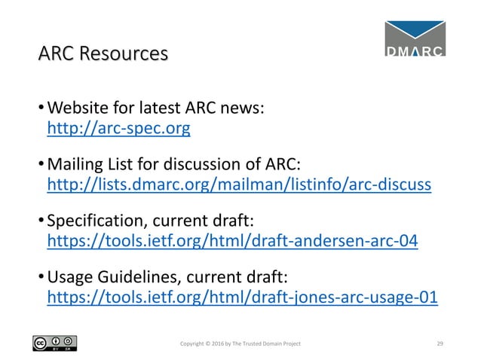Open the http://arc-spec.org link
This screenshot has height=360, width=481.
(118, 129)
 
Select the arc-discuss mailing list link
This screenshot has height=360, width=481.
(239, 185)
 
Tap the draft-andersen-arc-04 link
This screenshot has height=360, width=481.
(232, 241)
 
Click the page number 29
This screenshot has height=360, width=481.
(441, 343)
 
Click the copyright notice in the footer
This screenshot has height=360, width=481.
(240, 343)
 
